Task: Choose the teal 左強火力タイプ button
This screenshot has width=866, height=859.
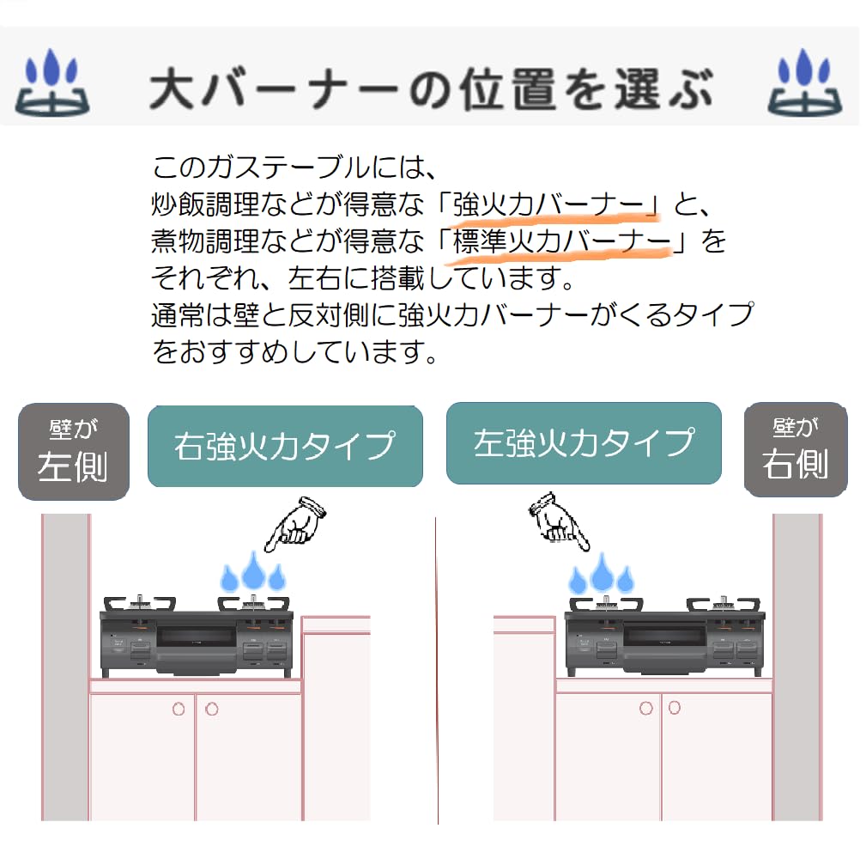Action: (x=584, y=443)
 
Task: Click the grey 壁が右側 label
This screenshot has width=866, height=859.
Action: (x=795, y=450)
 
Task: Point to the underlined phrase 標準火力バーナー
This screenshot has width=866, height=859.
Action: (x=561, y=241)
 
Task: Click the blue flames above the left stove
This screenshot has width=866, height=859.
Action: (x=253, y=571)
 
